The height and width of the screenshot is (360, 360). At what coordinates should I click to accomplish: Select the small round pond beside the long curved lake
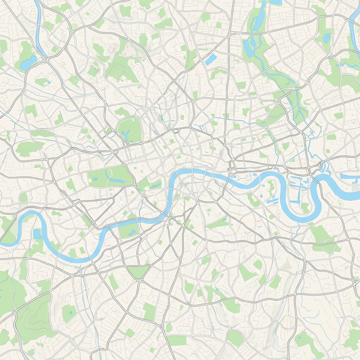[95, 179]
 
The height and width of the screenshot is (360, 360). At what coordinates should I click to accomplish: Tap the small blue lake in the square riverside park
[133, 232]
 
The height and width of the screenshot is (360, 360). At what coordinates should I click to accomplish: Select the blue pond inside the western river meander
[37, 234]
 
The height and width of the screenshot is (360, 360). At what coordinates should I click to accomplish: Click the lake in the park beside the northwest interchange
[28, 63]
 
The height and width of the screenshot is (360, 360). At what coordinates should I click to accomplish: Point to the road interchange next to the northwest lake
[46, 59]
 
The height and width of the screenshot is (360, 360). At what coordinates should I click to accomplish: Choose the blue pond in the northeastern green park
[327, 38]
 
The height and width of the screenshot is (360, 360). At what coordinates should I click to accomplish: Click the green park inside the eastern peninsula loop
[305, 207]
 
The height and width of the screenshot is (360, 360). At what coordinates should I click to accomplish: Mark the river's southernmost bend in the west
[76, 260]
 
